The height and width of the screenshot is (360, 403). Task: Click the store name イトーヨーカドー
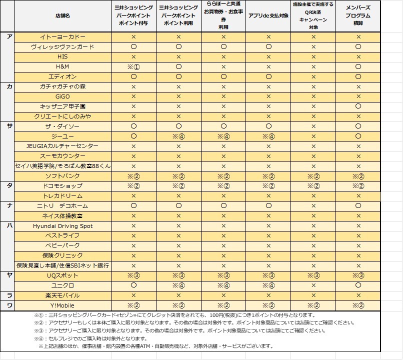coord(62,37)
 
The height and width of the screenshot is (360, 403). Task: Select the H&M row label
coord(62,66)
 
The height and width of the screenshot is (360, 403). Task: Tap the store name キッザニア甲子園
coord(62,106)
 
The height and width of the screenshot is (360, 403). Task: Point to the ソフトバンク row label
coord(62,176)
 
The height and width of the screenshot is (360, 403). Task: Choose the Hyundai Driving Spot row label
coord(62,226)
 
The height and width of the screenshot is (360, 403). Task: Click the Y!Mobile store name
coord(62,305)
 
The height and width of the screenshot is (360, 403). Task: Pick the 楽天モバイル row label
coord(62,295)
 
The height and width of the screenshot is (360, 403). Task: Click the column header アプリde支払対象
coord(268,16)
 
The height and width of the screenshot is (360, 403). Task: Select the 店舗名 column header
coord(62,16)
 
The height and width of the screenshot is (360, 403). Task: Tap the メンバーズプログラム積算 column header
coord(358,15)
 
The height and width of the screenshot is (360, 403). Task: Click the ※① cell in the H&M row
coord(133,66)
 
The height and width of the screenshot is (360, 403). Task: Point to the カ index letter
coord(9,86)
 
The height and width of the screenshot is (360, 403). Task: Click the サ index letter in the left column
coord(9,126)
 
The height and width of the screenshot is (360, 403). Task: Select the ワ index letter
coord(9,305)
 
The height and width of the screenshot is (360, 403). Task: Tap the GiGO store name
coord(62,96)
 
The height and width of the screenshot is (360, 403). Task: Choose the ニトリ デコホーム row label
coord(62,206)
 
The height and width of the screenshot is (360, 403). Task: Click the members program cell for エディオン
coord(358,76)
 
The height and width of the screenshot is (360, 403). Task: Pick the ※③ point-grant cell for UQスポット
coord(133,275)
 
